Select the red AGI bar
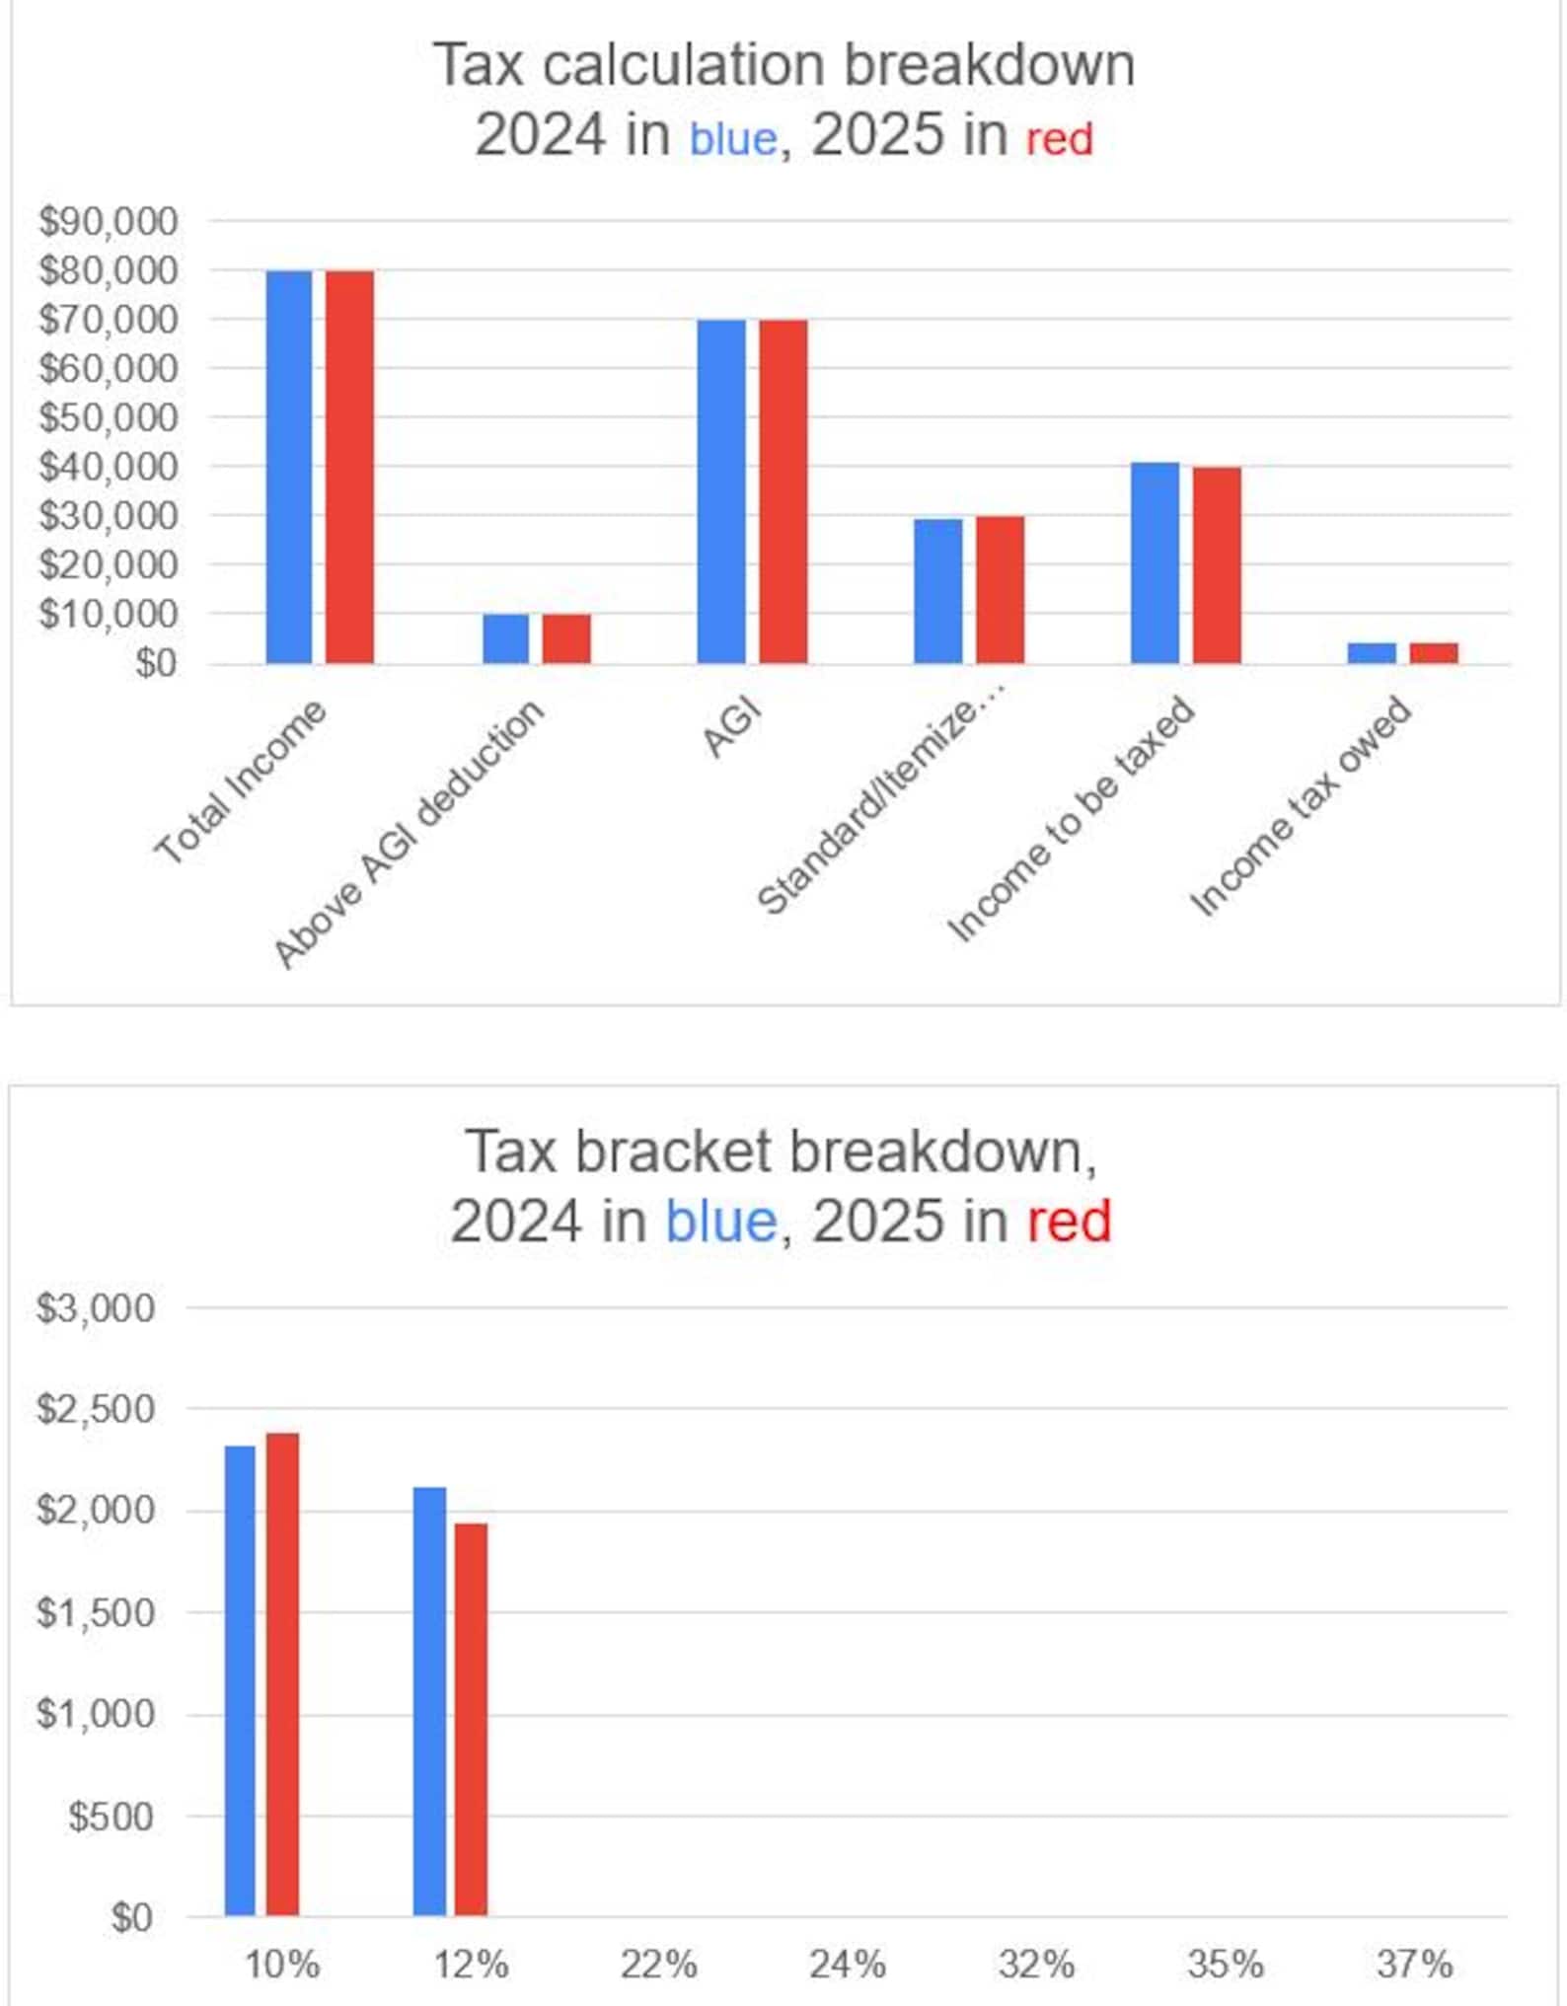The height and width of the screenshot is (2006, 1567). (x=783, y=490)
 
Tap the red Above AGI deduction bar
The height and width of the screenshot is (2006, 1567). (x=566, y=638)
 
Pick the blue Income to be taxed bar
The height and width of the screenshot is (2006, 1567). (x=1155, y=562)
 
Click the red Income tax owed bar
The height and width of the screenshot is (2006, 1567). (x=1433, y=652)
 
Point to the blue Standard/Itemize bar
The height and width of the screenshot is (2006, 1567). (x=937, y=590)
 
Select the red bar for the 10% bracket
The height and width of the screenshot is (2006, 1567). (x=282, y=1674)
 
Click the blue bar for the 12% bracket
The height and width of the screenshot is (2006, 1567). (x=429, y=1701)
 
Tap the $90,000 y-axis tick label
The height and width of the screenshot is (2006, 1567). (x=109, y=221)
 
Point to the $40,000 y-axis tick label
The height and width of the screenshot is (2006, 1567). (x=109, y=466)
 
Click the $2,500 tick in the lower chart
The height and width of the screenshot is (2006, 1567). (x=96, y=1409)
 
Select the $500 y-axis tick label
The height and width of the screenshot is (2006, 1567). (x=111, y=1817)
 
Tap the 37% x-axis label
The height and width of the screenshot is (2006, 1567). (x=1414, y=1965)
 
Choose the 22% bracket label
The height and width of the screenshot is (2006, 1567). (x=658, y=1965)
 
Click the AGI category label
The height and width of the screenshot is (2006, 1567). (x=732, y=729)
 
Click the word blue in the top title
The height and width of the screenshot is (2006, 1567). (x=733, y=138)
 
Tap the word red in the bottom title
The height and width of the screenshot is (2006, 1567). (x=1069, y=1222)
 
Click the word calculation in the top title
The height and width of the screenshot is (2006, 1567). (x=683, y=65)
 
